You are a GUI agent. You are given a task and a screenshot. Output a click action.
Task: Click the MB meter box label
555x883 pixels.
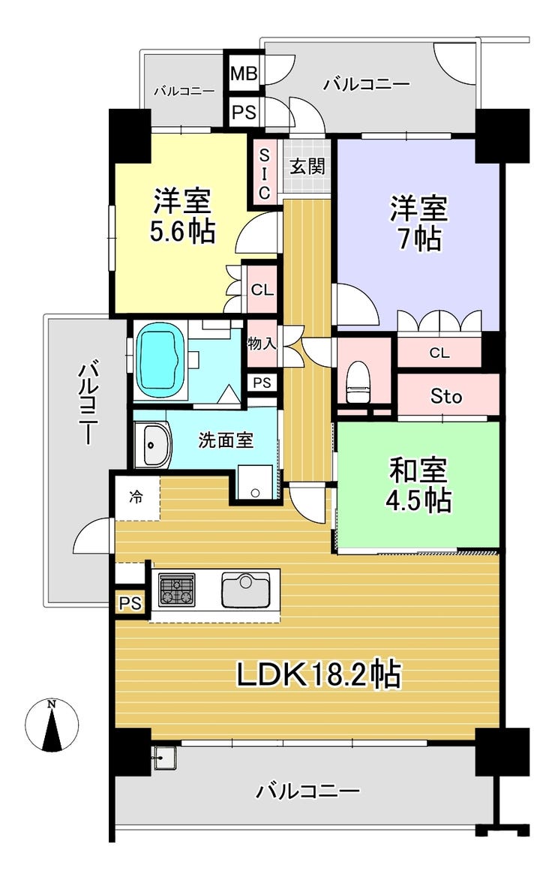pos(244,74)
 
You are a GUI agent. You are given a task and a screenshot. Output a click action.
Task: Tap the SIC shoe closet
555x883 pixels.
pos(264,173)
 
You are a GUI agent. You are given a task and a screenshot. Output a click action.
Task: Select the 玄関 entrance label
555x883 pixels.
pos(307,167)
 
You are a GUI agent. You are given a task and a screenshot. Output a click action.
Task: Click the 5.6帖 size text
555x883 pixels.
pos(182,231)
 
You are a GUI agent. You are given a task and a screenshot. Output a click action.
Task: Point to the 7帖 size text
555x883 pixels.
pos(419,239)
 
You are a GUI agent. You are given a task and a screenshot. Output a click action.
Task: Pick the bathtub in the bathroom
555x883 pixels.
pos(161,360)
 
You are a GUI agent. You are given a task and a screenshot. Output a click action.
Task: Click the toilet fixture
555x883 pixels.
pos(357,381)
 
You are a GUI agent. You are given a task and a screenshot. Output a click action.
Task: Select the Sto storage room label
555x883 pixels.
pos(446,396)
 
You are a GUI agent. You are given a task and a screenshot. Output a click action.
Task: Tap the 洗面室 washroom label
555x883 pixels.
pos(225,440)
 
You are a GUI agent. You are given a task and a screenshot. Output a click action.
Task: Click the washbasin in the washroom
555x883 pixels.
pos(152,444)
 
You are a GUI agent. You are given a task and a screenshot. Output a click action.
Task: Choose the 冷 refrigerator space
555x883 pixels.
pos(136,497)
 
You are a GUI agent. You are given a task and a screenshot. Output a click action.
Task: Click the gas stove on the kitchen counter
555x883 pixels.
pos(177,590)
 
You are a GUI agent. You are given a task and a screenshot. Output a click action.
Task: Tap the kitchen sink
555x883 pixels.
pos(245,590)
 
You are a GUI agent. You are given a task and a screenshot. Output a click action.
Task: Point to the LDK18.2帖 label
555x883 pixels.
pos(318,674)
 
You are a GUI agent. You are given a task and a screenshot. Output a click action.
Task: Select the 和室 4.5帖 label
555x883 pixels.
pos(418,485)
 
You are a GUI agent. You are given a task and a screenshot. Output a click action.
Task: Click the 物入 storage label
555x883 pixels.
pos(262,343)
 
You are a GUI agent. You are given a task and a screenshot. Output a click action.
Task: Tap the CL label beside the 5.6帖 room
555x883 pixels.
pos(262,290)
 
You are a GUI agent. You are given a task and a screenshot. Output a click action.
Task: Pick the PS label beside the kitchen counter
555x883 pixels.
pos(130,603)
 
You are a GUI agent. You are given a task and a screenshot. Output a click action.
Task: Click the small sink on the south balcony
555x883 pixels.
pos(165,758)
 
